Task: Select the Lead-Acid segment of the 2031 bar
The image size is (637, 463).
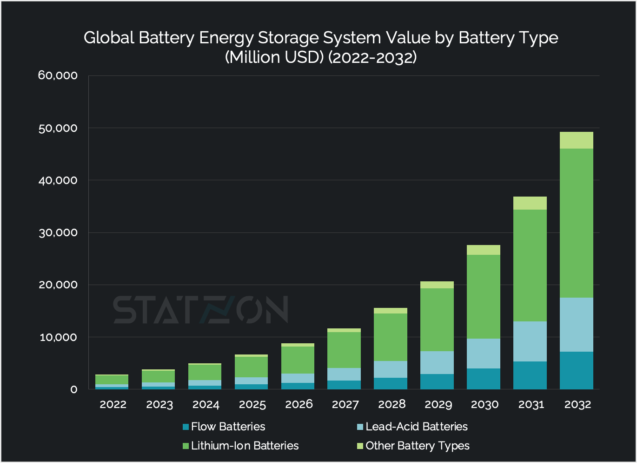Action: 530,341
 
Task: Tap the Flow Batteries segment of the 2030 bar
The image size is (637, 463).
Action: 484,379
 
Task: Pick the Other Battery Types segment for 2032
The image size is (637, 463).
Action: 577,140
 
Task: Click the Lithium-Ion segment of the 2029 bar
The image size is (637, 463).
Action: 437,320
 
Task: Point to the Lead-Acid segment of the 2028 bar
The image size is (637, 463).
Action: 391,369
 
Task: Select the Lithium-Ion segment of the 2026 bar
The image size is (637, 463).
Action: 298,360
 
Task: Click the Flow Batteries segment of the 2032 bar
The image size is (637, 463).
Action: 577,370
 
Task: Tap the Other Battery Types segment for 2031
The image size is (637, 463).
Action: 530,203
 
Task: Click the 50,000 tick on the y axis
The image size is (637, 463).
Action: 58,128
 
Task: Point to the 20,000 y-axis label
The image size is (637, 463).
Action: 58,285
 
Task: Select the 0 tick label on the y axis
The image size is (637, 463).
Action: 73,389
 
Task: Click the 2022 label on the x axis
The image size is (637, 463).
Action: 113,404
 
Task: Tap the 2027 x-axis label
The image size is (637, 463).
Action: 345,404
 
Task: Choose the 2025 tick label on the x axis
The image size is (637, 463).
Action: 252,404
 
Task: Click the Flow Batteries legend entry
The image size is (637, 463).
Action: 228,427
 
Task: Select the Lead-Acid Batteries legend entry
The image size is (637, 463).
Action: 416,427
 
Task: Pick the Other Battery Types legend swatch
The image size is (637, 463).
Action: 360,446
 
